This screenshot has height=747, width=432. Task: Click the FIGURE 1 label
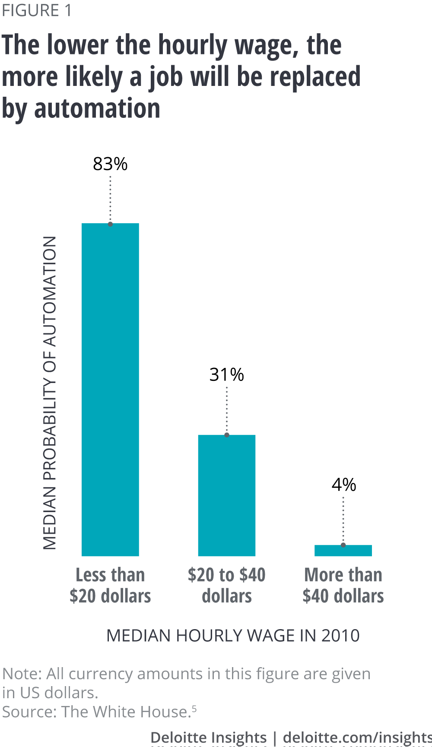coord(37,10)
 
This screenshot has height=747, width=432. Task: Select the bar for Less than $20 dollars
coord(110,389)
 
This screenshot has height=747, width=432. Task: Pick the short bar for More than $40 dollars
coord(343,551)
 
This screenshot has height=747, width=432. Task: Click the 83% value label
coord(110,164)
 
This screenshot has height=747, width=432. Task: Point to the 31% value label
coord(227,375)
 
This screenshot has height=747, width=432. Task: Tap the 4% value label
coord(344,485)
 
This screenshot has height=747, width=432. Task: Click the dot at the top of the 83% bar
coord(110,224)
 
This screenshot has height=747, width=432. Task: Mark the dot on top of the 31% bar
coord(227,435)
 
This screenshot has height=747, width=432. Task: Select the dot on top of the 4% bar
coord(343,545)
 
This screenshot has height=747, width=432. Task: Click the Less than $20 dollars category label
coord(110,586)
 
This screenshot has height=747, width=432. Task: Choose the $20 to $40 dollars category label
coord(227,586)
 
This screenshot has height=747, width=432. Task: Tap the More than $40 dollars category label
coord(343,586)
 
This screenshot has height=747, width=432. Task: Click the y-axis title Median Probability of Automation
coord(50,393)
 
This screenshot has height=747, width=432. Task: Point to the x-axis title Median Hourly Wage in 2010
coord(233,636)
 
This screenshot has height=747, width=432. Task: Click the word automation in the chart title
coord(97,108)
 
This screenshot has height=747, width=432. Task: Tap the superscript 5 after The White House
coord(194,709)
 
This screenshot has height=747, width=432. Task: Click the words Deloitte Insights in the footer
coord(209,737)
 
